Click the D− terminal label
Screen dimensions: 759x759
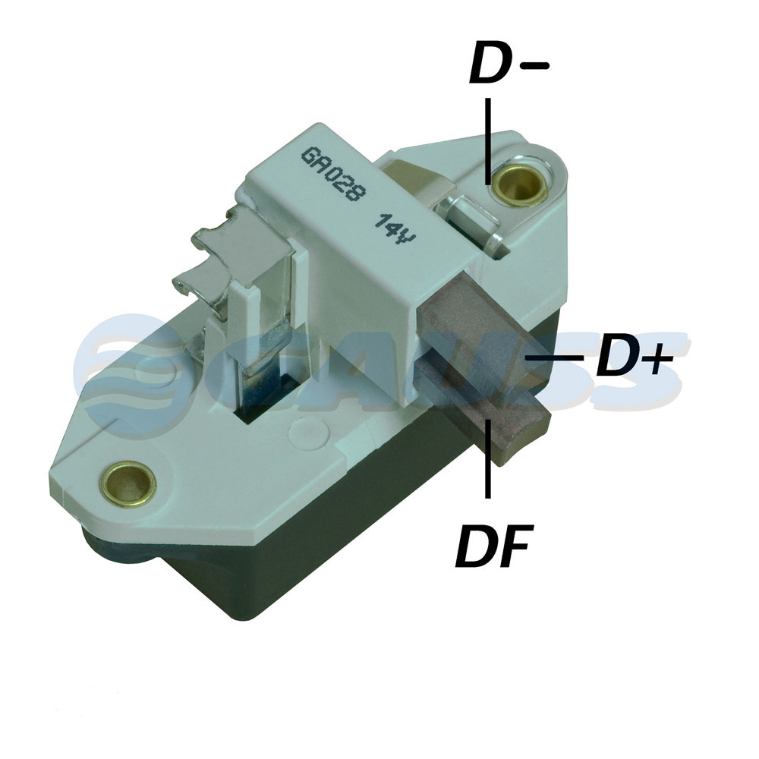click(509, 63)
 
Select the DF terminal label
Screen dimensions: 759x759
click(494, 546)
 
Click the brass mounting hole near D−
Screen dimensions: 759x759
click(520, 184)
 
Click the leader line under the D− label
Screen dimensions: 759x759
click(488, 141)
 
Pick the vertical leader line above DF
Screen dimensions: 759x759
click(488, 458)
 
